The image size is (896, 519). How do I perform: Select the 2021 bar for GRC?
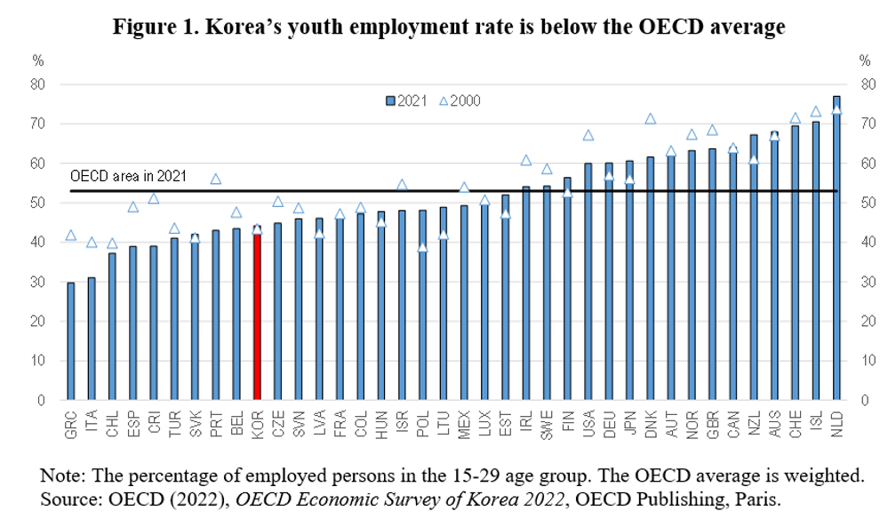point(71,342)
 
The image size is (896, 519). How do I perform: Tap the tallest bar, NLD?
point(836,249)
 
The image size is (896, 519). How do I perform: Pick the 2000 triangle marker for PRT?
point(215,179)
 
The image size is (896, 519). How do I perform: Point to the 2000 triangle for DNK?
point(650,119)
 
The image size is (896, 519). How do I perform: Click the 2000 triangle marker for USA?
point(588,135)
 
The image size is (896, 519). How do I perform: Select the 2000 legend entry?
point(460,100)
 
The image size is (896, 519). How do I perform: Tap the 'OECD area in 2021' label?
point(128,176)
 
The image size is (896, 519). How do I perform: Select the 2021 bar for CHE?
point(795,262)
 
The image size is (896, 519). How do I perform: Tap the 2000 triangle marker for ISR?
point(402,185)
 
